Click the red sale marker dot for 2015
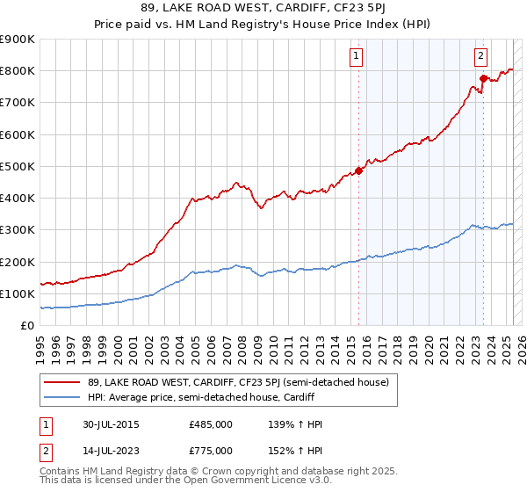[x=358, y=170]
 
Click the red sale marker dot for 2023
[x=482, y=79]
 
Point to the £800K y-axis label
[x=18, y=70]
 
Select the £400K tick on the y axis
[x=18, y=199]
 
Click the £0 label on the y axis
[x=26, y=326]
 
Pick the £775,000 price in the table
[x=210, y=451]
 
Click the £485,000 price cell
[x=210, y=424]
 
